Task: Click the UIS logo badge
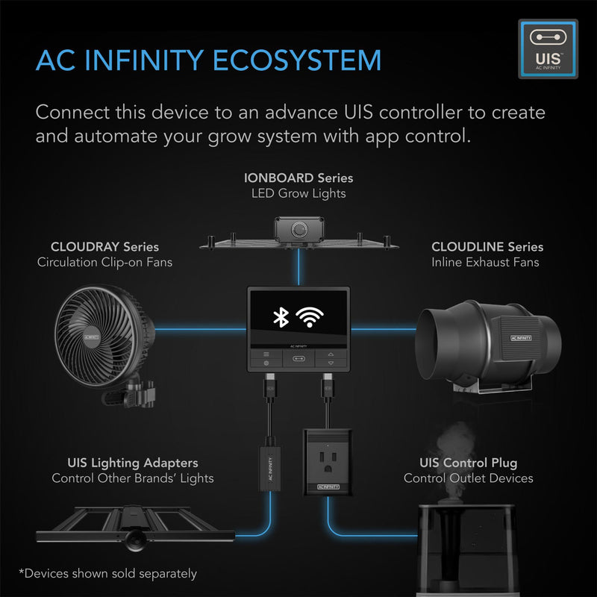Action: [548, 49]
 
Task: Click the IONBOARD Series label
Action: [298, 178]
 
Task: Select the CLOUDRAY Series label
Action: [104, 246]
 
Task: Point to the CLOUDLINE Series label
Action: [487, 246]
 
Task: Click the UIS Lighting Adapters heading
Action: [133, 463]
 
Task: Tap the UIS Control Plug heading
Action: [469, 463]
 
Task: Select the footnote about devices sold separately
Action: [109, 573]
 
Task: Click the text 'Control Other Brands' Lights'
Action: [133, 478]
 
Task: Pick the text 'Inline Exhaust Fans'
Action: [485, 262]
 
